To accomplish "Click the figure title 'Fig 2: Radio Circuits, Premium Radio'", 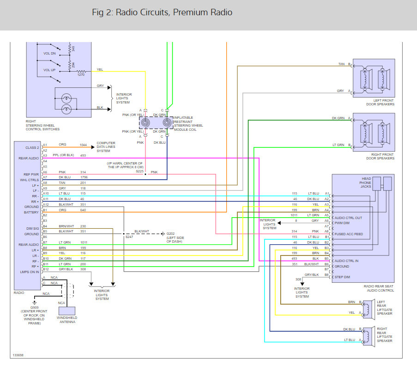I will click(162, 12).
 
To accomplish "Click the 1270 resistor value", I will click(81, 74).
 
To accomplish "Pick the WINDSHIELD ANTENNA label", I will click(67, 320).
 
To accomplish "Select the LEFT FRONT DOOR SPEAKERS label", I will click(373, 102).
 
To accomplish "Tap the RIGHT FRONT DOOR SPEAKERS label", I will click(373, 156).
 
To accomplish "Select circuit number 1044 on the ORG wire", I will click(83, 145).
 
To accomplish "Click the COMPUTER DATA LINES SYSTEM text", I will click(106, 147).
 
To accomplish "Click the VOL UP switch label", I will click(49, 70).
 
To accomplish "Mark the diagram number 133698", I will click(18, 355).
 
